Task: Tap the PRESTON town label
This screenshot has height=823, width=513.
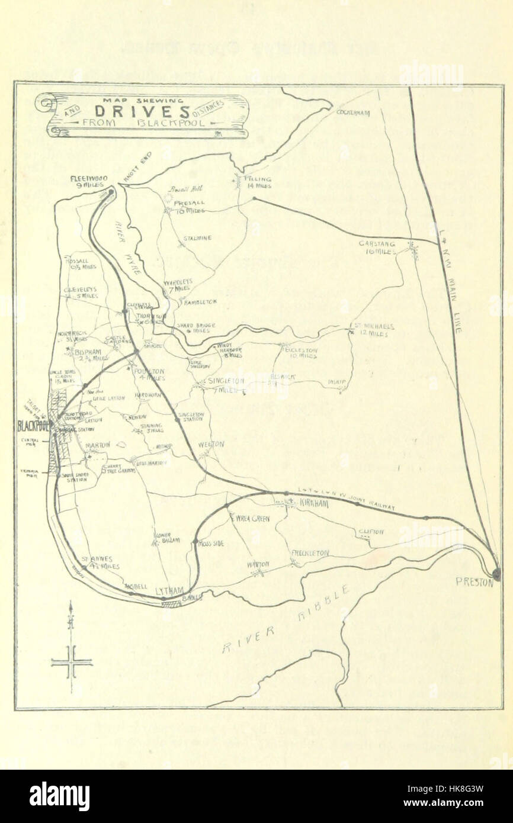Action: (x=474, y=582)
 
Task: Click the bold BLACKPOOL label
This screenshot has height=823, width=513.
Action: (x=33, y=426)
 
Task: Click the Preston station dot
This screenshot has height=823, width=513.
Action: (x=496, y=573)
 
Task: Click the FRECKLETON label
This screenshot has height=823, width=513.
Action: (x=310, y=552)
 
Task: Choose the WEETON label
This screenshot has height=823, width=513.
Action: (x=211, y=443)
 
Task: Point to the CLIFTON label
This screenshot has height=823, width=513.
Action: (x=371, y=532)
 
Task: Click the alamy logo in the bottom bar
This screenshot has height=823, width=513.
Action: (x=59, y=796)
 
